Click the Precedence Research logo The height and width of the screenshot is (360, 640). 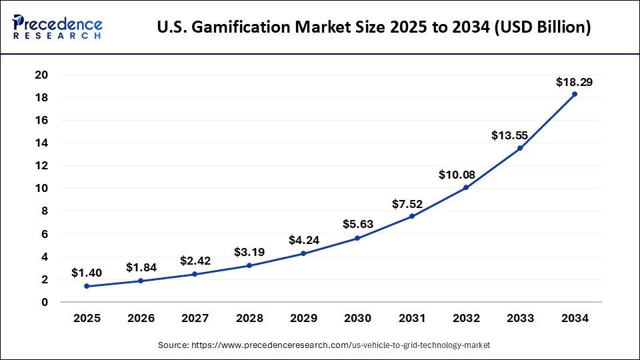57,27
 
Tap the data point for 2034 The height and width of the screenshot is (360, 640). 575,94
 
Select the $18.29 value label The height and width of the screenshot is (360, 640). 574,83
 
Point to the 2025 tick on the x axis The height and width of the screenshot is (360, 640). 87,319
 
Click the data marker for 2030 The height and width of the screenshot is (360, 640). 357,238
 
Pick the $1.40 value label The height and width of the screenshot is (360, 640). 87,273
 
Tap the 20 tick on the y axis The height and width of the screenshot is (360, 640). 42,75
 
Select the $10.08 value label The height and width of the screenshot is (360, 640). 457,175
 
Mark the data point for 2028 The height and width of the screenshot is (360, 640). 249,265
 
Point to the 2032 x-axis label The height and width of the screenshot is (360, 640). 466,319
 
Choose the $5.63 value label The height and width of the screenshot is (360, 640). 358,224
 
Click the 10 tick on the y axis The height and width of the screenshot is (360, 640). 42,189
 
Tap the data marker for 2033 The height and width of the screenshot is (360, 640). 520,148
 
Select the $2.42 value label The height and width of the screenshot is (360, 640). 195,261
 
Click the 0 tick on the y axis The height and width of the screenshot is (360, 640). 45,302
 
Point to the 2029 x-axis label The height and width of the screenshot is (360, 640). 303,319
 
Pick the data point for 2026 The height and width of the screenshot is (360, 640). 141,281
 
